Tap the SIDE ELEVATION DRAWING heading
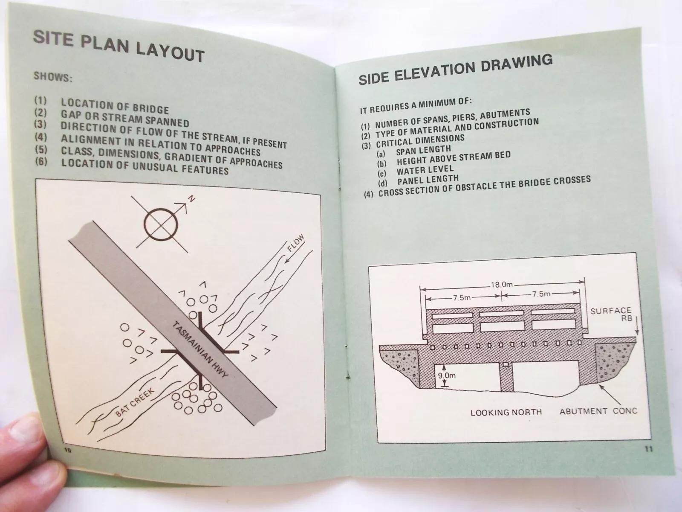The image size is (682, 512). tap(456, 69)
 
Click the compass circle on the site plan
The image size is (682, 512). tap(161, 224)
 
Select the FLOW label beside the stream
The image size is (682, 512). tap(295, 243)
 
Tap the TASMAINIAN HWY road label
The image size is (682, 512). tap(200, 350)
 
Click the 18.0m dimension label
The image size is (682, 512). tap(501, 285)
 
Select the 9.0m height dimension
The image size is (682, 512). tap(447, 375)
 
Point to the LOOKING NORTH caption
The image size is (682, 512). tap(506, 412)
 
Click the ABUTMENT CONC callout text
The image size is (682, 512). tap(598, 411)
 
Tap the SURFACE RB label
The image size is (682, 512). tap(611, 314)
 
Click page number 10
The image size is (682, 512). tap(68, 450)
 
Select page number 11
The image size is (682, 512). tap(648, 449)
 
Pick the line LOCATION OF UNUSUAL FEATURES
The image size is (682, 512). tap(145, 167)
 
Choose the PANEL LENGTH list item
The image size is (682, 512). tap(428, 179)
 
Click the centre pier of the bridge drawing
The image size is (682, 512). tap(506, 376)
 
